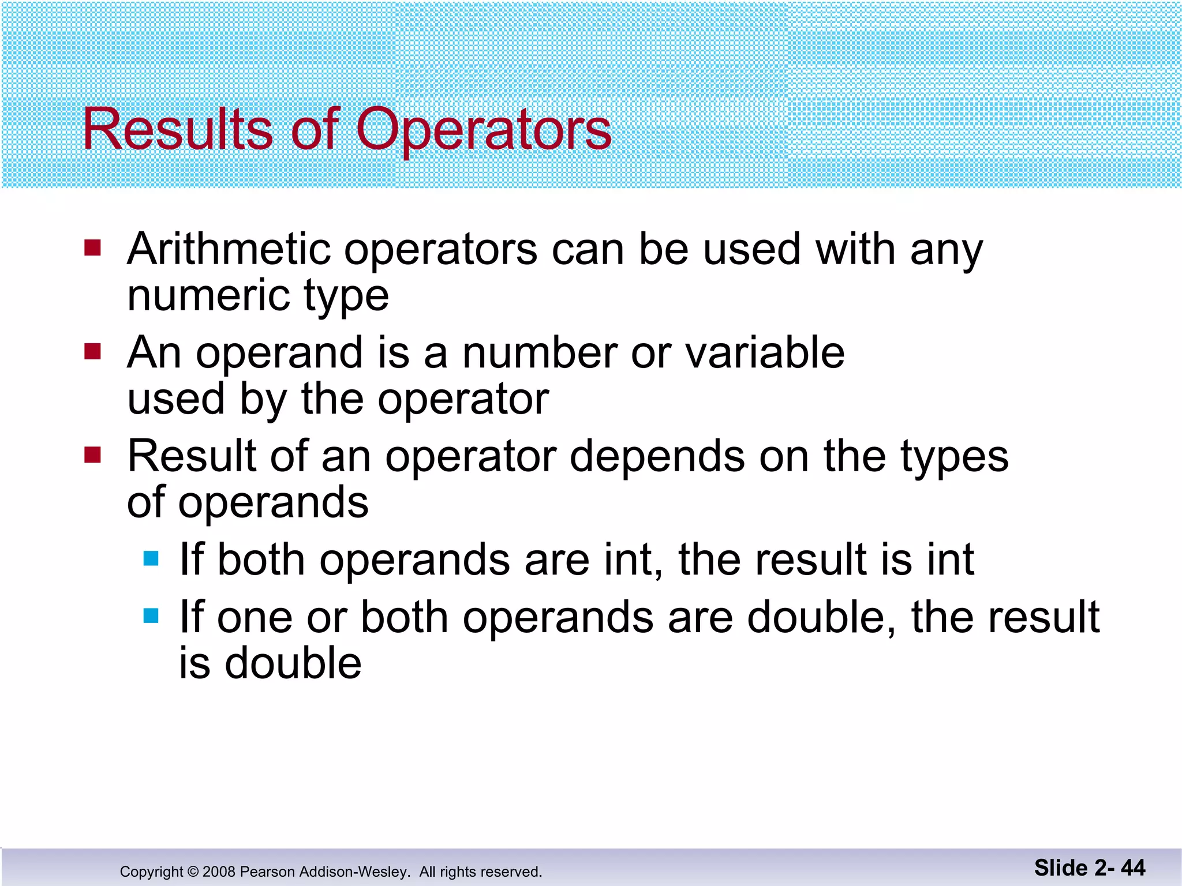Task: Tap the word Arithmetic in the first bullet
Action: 229,249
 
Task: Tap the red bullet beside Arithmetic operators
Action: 92,248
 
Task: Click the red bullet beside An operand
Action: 92,351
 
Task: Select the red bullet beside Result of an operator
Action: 92,455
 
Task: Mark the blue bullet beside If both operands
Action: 151,558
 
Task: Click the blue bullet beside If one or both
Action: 151,616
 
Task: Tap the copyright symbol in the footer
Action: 193,872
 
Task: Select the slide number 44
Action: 1133,868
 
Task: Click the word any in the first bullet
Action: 947,250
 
